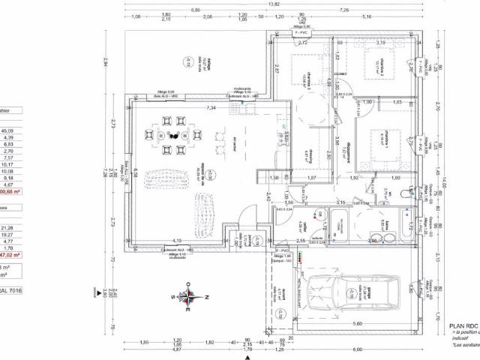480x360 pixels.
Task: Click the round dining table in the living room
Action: pos(173,136)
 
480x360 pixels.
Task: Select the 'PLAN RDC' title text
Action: pos(463,326)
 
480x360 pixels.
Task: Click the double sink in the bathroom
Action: pos(385,238)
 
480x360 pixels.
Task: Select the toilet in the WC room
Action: pos(406,193)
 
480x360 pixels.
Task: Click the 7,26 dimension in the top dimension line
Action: pos(344,10)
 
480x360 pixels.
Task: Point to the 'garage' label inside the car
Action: pos(352,288)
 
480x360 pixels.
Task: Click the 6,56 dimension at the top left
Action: pos(195,10)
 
